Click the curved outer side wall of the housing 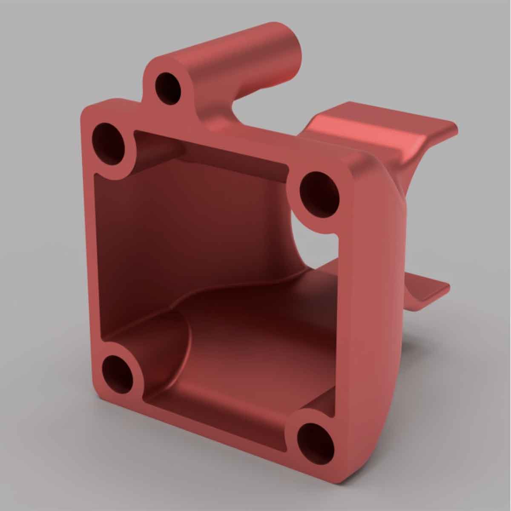click(x=383, y=298)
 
